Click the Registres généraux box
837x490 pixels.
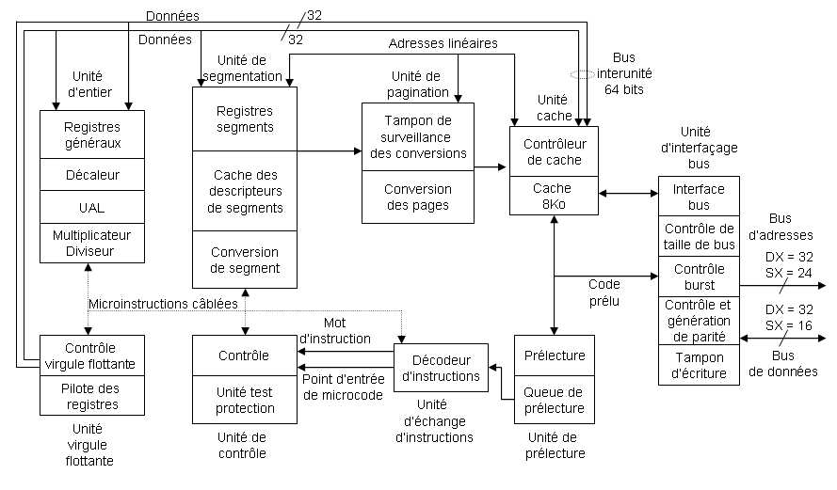pyautogui.click(x=92, y=134)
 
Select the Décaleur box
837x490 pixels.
pyautogui.click(x=92, y=174)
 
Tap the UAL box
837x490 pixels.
pyautogui.click(x=92, y=206)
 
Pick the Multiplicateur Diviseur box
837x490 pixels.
pyautogui.click(x=92, y=243)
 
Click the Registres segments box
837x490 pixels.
pyautogui.click(x=245, y=119)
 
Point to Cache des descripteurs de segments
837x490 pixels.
pyautogui.click(x=245, y=191)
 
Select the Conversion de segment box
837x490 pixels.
pyautogui.click(x=245, y=260)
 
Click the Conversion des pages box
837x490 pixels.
pyautogui.click(x=417, y=197)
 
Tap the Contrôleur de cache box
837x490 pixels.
pyautogui.click(x=553, y=151)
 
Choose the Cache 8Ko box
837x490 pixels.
pyautogui.click(x=553, y=196)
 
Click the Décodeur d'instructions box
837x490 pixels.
pyautogui.click(x=440, y=368)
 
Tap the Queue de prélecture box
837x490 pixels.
pyautogui.click(x=555, y=400)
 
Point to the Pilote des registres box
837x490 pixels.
pyautogui.click(x=92, y=396)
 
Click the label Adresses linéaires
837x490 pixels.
pyautogui.click(x=443, y=43)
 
